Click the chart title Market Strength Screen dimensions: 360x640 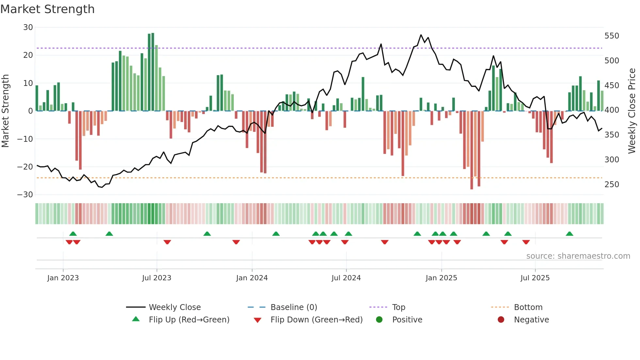tap(47, 9)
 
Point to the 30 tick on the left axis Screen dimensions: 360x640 tap(28, 27)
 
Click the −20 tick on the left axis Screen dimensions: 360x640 tap(25, 167)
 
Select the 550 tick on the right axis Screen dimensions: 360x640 tap(612, 36)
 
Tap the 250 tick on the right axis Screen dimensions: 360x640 tap(612, 185)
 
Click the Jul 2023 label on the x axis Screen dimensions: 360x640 tap(157, 278)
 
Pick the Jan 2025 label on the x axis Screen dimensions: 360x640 tap(441, 278)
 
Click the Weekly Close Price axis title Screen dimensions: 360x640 tap(632, 111)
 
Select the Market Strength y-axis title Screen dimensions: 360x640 tap(6, 111)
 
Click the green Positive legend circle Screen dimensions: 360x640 tap(379, 320)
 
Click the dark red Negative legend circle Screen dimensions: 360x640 tap(501, 320)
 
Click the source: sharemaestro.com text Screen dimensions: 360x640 tap(578, 256)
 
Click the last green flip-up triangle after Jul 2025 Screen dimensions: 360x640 tap(569, 234)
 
